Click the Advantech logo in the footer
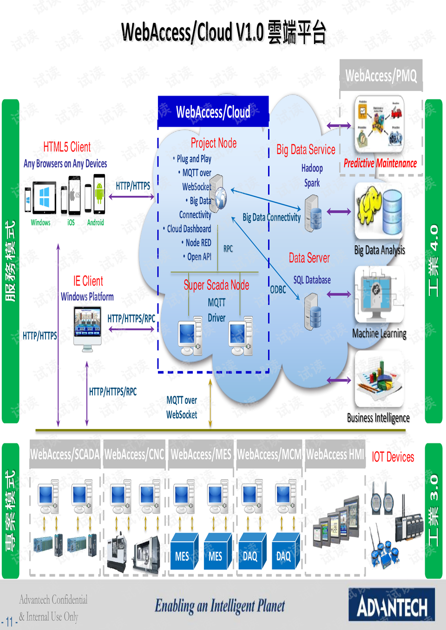(x=392, y=605)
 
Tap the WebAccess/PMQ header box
(x=381, y=75)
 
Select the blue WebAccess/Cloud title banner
(x=213, y=112)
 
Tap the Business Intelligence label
(x=378, y=418)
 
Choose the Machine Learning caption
(x=379, y=333)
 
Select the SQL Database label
(x=312, y=280)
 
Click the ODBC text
(x=278, y=290)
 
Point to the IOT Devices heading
(x=393, y=457)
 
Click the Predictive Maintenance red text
(x=380, y=163)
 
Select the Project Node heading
(x=213, y=143)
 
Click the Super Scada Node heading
(x=216, y=285)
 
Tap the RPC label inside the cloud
(x=228, y=249)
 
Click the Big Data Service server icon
(x=313, y=213)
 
